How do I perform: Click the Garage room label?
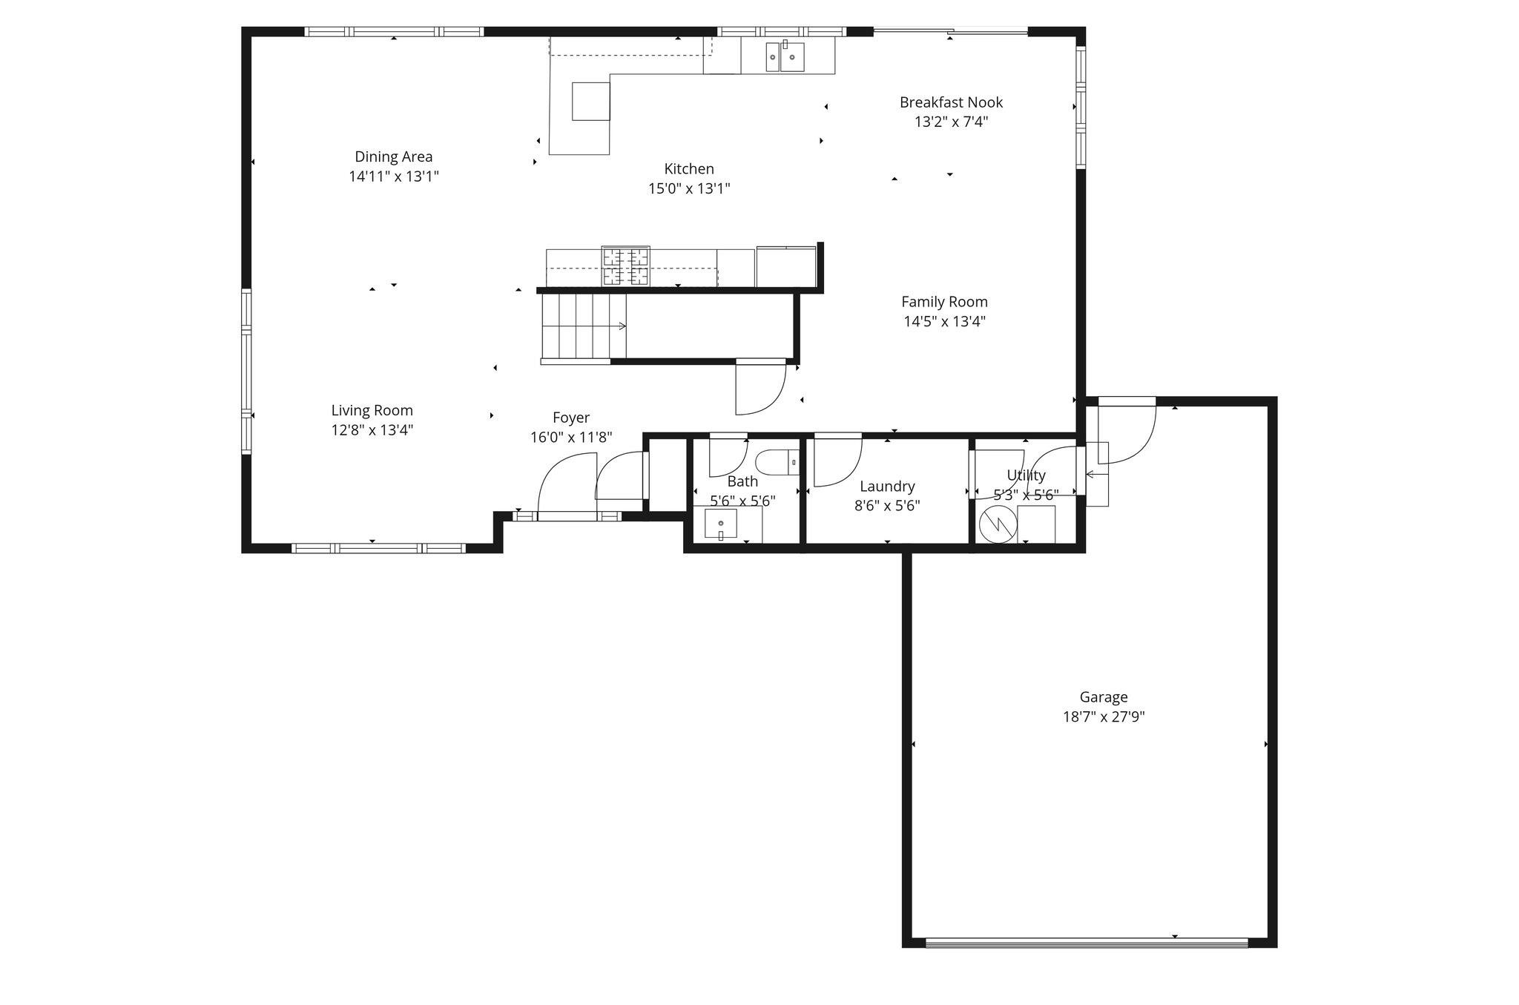click(1103, 697)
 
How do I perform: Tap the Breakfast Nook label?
click(951, 102)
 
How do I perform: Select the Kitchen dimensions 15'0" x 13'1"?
click(689, 188)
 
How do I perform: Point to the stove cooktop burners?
click(625, 267)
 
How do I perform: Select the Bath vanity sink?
click(720, 525)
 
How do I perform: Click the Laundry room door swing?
click(836, 461)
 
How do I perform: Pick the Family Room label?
click(944, 302)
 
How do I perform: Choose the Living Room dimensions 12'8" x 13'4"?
click(372, 430)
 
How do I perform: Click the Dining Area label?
click(393, 156)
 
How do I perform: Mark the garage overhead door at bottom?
click(1087, 943)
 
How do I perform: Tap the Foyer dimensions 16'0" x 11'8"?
click(570, 438)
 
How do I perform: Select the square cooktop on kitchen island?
click(590, 101)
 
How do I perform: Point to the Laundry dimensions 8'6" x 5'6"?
click(887, 506)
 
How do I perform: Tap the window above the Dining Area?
click(394, 31)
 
